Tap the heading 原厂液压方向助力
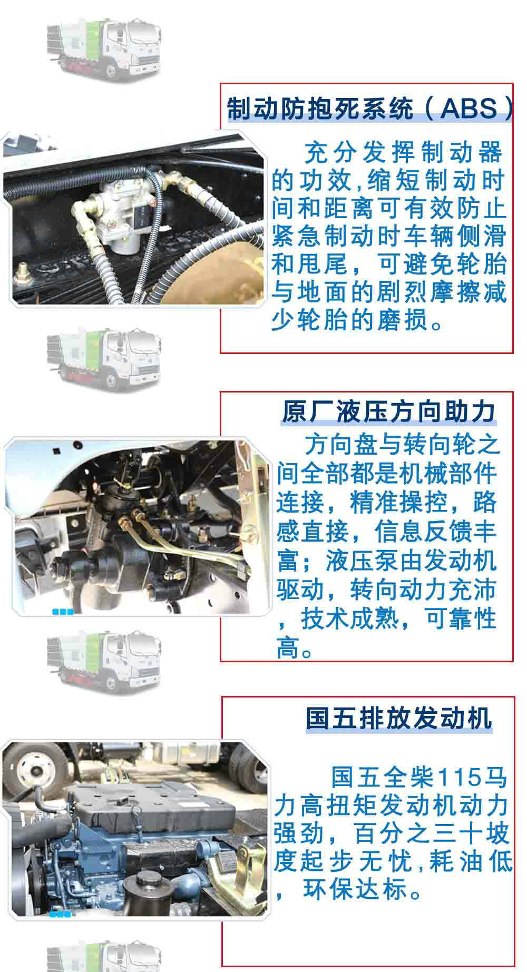[388, 411]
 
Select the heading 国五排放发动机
[399, 718]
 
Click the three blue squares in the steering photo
[63, 612]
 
